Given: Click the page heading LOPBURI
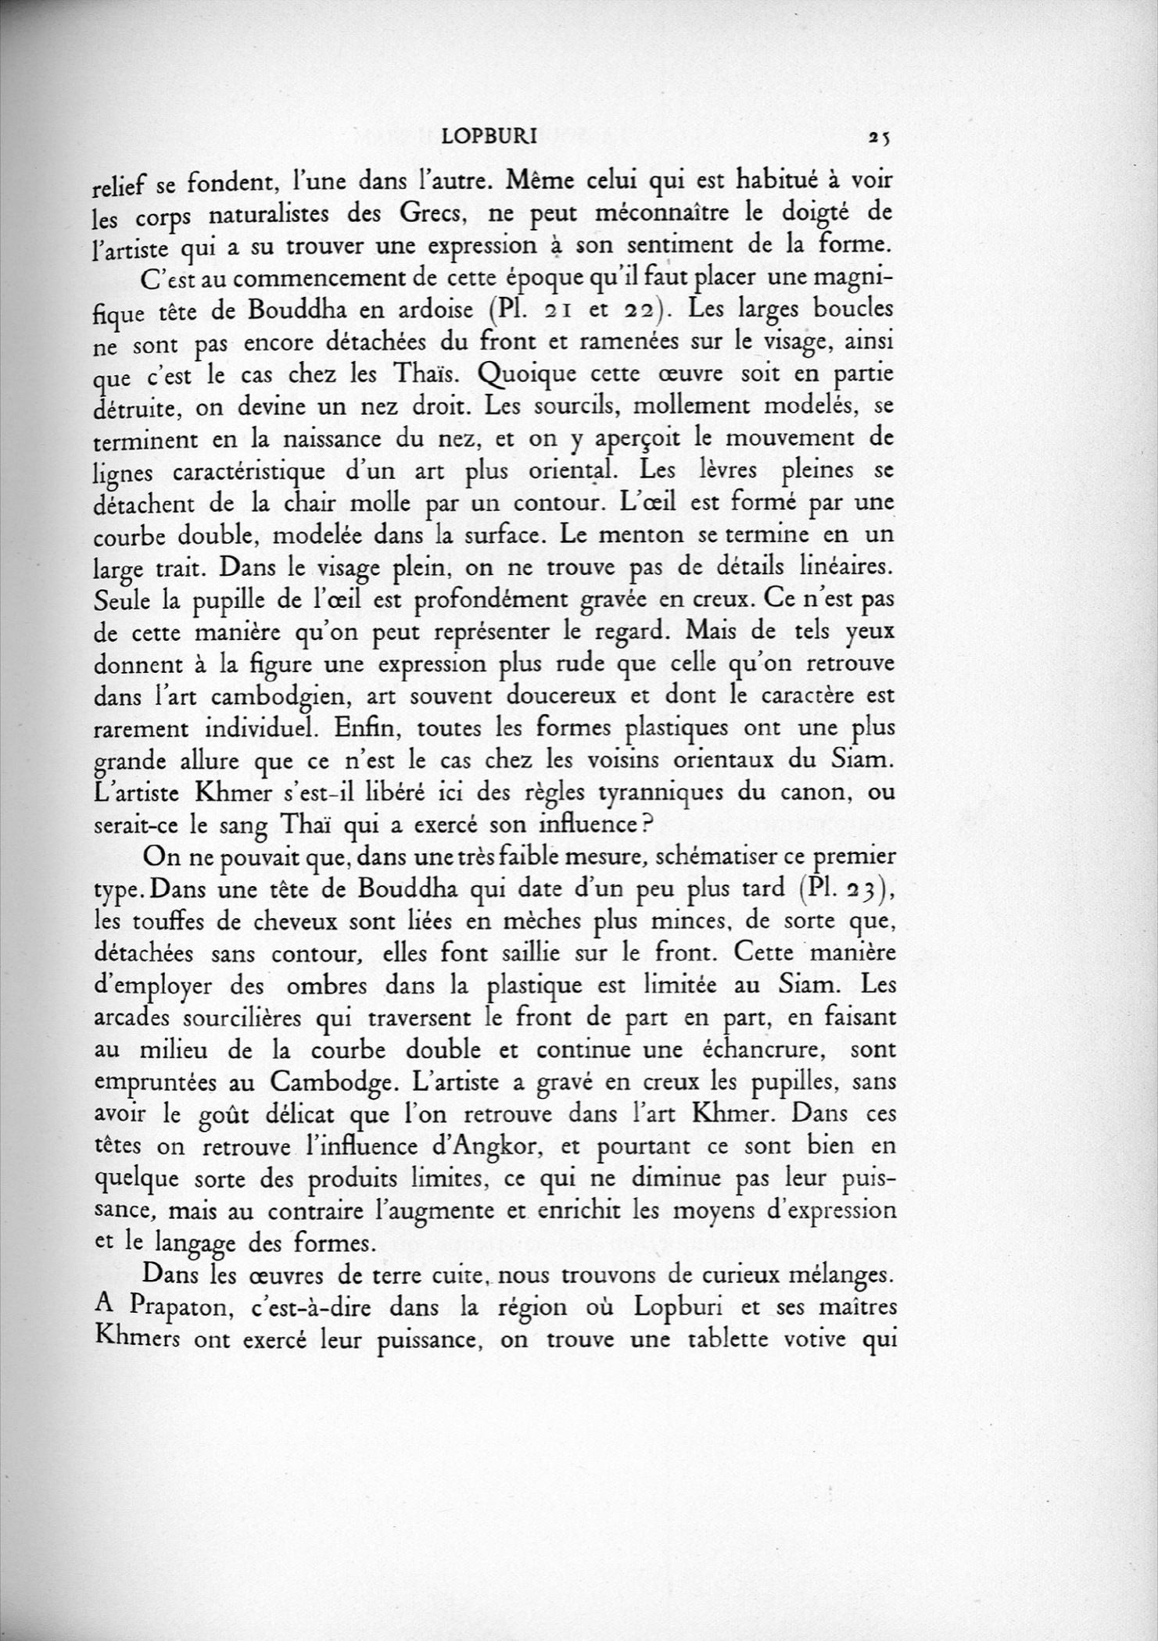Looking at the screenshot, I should [488, 138].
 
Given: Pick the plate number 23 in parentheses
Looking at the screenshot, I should [855, 888].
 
